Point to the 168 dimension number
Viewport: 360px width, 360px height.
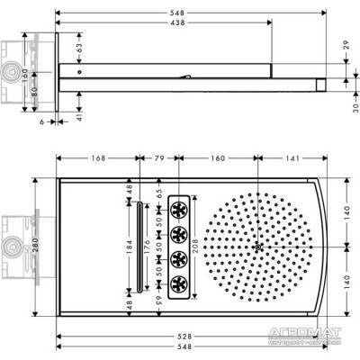pyautogui.click(x=98, y=159)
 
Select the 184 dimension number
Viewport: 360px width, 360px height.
pyautogui.click(x=128, y=243)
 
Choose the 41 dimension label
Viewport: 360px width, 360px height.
pyautogui.click(x=79, y=115)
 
